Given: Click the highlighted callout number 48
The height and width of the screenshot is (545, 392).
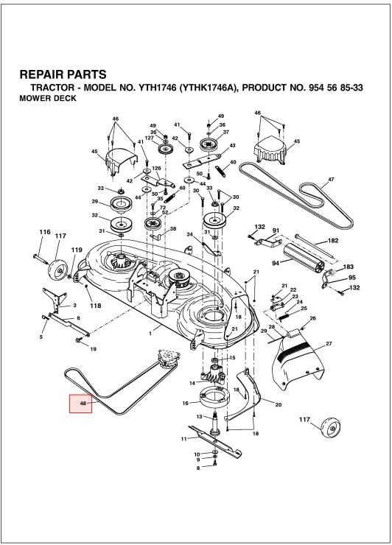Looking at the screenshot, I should pyautogui.click(x=80, y=404).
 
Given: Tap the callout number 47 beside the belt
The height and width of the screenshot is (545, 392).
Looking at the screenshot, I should pyautogui.click(x=331, y=180).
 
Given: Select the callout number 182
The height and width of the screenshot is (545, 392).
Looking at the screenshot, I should pyautogui.click(x=333, y=241).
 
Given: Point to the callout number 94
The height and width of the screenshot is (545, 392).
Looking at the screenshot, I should pyautogui.click(x=276, y=262).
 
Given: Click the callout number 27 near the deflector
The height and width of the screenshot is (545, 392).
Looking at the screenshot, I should pyautogui.click(x=329, y=344).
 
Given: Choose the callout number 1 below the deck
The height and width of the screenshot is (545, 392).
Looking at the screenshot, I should pyautogui.click(x=150, y=334).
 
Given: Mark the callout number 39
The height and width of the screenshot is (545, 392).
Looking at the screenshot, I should pyautogui.click(x=95, y=202).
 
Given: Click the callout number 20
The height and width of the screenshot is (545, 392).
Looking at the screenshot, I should pyautogui.click(x=279, y=404).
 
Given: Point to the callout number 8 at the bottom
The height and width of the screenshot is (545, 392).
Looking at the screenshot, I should pyautogui.click(x=197, y=468).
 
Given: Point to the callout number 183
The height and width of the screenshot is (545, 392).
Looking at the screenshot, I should pyautogui.click(x=349, y=267).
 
